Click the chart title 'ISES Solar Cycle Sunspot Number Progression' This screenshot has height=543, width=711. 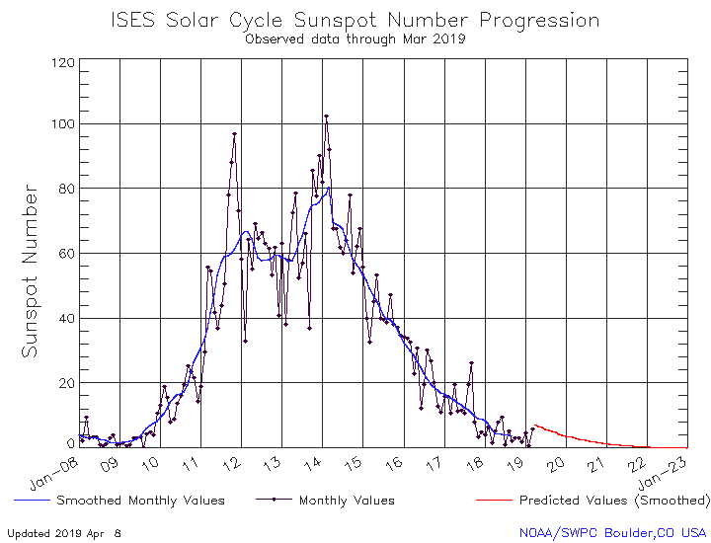[355, 20]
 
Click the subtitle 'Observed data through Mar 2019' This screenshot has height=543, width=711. [355, 40]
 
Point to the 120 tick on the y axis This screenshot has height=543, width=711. [63, 62]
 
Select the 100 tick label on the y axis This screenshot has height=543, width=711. [63, 124]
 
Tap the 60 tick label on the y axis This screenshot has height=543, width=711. [63, 254]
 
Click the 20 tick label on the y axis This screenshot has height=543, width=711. [63, 383]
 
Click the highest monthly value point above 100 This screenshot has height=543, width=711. [326, 116]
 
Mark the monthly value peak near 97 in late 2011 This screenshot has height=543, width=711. [234, 134]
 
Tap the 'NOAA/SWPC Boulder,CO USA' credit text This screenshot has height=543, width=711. [612, 532]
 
